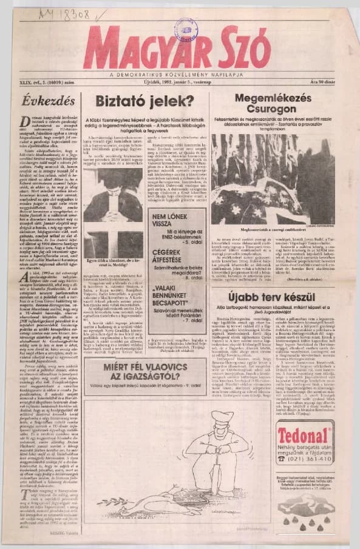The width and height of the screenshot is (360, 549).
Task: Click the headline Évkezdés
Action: (x=49, y=101)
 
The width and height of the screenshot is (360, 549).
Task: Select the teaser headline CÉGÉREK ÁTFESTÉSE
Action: (x=175, y=258)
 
